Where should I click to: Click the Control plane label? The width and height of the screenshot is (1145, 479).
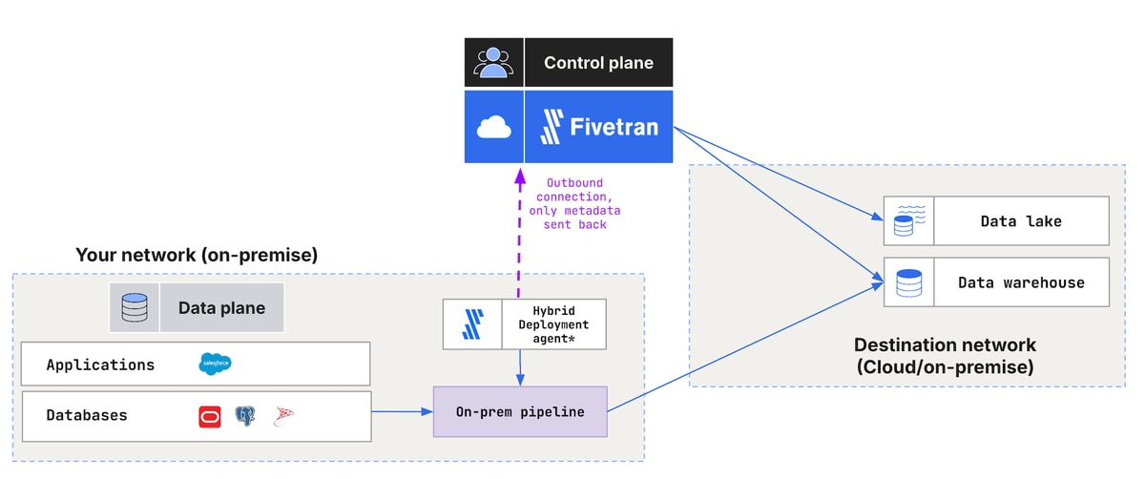tap(598, 62)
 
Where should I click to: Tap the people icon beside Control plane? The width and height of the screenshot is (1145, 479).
tap(493, 62)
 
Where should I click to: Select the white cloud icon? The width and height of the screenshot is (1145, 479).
tap(494, 127)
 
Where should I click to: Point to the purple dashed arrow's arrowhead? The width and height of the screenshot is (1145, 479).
tap(520, 177)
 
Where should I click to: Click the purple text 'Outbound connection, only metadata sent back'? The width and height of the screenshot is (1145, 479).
tap(574, 203)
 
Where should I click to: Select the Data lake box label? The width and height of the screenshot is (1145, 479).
tap(1021, 221)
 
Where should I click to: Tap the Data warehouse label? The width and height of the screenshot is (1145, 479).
tap(1021, 282)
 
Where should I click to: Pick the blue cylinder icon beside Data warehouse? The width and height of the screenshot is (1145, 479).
tap(908, 282)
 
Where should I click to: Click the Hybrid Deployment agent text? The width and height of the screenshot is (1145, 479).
tap(553, 324)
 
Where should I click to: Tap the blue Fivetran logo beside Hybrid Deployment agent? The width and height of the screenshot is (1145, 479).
tap(472, 324)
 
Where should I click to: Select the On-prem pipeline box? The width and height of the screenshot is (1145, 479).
tap(520, 411)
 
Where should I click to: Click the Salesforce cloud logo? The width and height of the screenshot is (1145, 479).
tap(215, 364)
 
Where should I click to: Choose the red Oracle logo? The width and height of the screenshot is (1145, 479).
tap(210, 417)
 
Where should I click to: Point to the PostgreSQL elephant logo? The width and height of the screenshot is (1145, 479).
tap(245, 416)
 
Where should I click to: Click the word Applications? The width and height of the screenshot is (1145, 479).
tap(100, 365)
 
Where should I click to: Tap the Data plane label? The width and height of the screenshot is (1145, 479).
tap(221, 308)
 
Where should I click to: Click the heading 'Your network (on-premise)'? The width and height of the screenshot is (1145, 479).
tap(197, 255)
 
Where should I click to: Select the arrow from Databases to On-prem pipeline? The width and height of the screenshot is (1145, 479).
tap(403, 411)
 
